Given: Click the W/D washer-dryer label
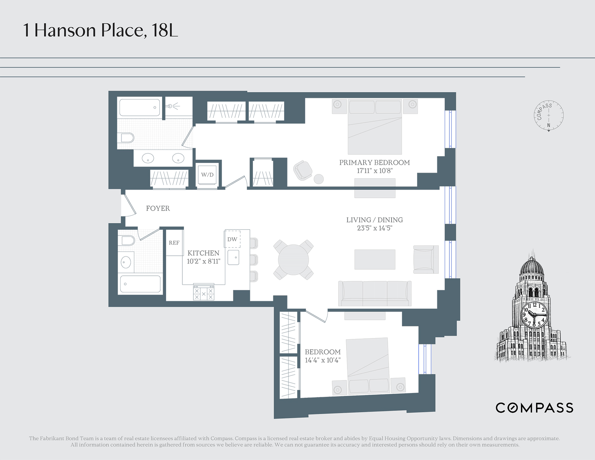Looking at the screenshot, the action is pyautogui.click(x=207, y=175).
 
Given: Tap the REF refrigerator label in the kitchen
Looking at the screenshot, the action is pyautogui.click(x=174, y=243).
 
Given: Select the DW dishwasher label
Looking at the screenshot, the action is pyautogui.click(x=232, y=239).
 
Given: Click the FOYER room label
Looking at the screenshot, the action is pyautogui.click(x=158, y=208).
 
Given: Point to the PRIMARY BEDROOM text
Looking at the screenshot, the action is pyautogui.click(x=374, y=163).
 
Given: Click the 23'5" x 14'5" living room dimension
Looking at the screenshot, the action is pyautogui.click(x=375, y=228).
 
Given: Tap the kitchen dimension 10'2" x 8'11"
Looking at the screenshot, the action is pyautogui.click(x=203, y=261).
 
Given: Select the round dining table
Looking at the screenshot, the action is pyautogui.click(x=293, y=260).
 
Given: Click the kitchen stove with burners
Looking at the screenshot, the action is pyautogui.click(x=204, y=292).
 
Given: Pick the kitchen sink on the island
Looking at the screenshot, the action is pyautogui.click(x=233, y=257).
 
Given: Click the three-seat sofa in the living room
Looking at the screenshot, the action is pyautogui.click(x=375, y=293).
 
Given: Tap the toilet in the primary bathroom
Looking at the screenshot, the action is pyautogui.click(x=127, y=138).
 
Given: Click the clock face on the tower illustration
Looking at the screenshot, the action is pyautogui.click(x=535, y=315).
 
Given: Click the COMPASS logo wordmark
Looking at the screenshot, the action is pyautogui.click(x=535, y=408).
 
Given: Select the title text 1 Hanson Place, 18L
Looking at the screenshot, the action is pyautogui.click(x=101, y=30).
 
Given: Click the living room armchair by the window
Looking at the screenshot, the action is pyautogui.click(x=426, y=260).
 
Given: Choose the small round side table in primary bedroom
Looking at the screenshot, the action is pyautogui.click(x=319, y=179).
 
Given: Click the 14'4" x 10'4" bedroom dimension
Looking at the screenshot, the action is pyautogui.click(x=323, y=360).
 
